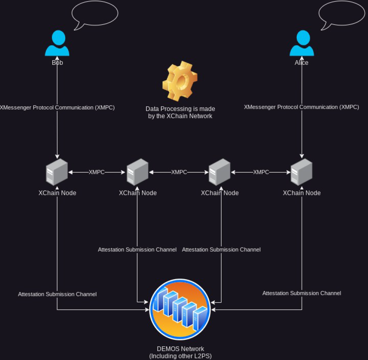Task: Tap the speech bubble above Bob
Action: click(x=95, y=14)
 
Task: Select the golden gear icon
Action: click(x=180, y=80)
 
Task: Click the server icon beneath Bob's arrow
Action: click(x=57, y=172)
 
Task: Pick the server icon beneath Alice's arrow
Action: click(x=301, y=172)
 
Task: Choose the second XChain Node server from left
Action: click(x=138, y=172)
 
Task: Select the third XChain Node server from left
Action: click(x=219, y=172)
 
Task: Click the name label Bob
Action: click(x=57, y=63)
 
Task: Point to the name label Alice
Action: click(x=301, y=63)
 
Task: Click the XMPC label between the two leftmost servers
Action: click(x=97, y=172)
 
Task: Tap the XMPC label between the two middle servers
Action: click(x=179, y=172)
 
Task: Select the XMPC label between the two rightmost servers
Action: click(x=261, y=172)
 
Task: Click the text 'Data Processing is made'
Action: click(x=180, y=109)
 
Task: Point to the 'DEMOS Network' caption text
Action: click(x=180, y=349)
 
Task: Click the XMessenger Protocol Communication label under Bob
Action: click(x=57, y=108)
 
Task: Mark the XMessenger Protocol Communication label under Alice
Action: click(x=301, y=107)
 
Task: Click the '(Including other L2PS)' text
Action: click(x=180, y=356)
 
